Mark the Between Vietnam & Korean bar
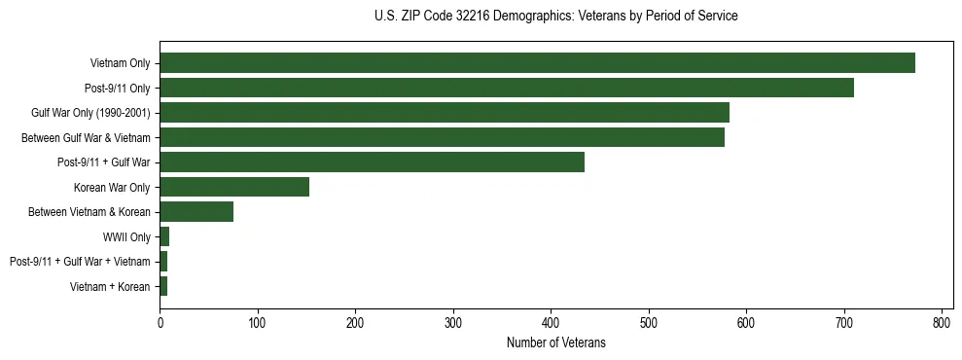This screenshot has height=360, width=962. tap(196, 212)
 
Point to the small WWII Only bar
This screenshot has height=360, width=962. tap(164, 236)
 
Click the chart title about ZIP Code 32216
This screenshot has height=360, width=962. tap(555, 17)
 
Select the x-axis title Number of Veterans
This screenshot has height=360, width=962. tap(555, 342)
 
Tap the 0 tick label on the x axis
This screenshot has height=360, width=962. tap(160, 323)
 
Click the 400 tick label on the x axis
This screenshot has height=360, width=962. tap(551, 323)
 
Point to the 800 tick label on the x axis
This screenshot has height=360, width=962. tap(942, 323)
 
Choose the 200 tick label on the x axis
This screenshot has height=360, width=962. tap(355, 323)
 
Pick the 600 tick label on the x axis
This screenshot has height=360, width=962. tap(746, 323)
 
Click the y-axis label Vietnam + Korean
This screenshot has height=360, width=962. tap(110, 286)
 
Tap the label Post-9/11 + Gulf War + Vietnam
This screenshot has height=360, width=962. tap(80, 262)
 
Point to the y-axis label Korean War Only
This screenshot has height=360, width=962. tap(111, 187)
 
